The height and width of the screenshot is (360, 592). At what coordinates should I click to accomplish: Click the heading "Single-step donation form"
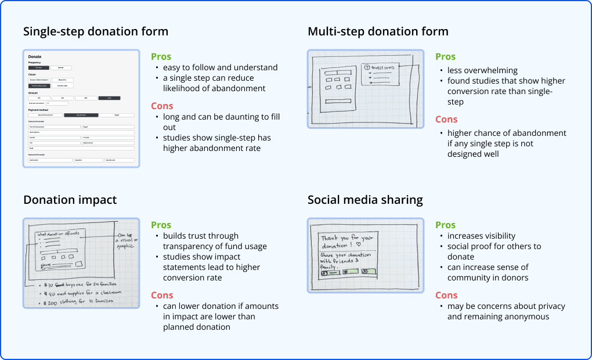[96, 31]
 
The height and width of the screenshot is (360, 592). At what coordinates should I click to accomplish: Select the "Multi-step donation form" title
[378, 31]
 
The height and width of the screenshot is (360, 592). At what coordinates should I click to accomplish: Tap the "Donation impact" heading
[70, 200]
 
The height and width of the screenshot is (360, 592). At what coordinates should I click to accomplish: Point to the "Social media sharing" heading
[365, 200]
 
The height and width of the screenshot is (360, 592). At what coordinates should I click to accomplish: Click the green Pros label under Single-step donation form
[161, 56]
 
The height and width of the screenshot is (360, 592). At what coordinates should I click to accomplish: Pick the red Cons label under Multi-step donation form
[446, 119]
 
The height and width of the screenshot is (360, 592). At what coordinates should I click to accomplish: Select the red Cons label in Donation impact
[162, 295]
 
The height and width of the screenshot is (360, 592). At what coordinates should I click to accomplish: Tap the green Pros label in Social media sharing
[446, 225]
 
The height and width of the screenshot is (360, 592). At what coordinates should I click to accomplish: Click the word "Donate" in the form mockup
[35, 56]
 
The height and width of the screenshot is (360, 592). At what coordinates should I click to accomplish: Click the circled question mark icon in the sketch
[367, 68]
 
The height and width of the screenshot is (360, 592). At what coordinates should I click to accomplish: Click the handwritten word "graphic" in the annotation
[125, 246]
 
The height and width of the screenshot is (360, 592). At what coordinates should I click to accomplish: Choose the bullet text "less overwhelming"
[482, 70]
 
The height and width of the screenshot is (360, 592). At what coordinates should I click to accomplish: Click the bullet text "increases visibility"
[481, 236]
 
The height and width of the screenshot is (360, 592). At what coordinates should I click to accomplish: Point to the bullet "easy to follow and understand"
[220, 67]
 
